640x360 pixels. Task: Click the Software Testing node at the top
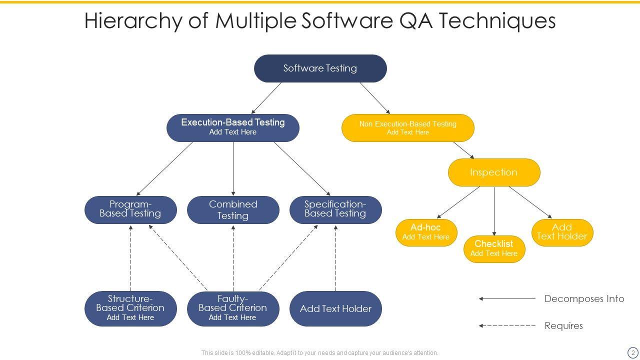pyautogui.click(x=320, y=68)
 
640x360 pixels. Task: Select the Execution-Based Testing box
pyautogui.click(x=232, y=127)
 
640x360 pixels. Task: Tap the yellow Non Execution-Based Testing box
pyautogui.click(x=407, y=128)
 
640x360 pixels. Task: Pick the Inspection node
pyautogui.click(x=493, y=172)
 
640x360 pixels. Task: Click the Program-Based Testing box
pyautogui.click(x=130, y=209)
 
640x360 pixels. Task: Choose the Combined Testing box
pyautogui.click(x=233, y=210)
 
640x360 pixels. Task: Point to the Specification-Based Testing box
pyautogui.click(x=335, y=209)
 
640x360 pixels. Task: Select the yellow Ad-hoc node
pyautogui.click(x=426, y=232)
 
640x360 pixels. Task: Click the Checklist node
pyautogui.click(x=494, y=249)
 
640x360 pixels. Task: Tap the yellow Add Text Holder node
pyautogui.click(x=562, y=232)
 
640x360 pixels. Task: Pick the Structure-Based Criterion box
pyautogui.click(x=130, y=308)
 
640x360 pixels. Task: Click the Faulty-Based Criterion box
pyautogui.click(x=233, y=308)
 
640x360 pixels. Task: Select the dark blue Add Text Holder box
pyautogui.click(x=335, y=308)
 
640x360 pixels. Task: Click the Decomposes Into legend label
pyautogui.click(x=584, y=299)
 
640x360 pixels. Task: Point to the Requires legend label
pyautogui.click(x=563, y=326)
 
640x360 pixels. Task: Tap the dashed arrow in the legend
pyautogui.click(x=507, y=326)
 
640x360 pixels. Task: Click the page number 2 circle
pyautogui.click(x=632, y=352)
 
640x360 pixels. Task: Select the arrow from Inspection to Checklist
pyautogui.click(x=494, y=210)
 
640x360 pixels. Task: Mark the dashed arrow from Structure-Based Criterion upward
pyautogui.click(x=130, y=257)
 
